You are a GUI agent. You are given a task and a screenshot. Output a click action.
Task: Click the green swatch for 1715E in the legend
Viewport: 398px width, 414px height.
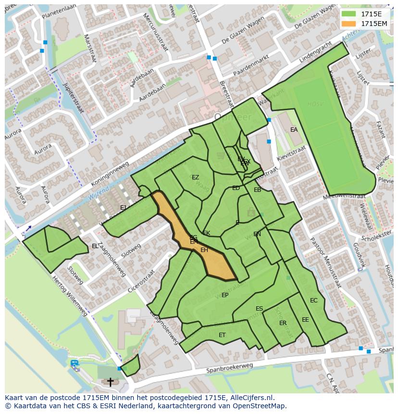pyautogui.click(x=349, y=14)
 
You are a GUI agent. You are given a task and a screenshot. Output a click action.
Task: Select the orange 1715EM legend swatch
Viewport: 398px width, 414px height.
pyautogui.click(x=349, y=23)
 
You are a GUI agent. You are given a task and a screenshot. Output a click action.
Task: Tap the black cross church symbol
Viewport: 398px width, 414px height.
pyautogui.click(x=111, y=382)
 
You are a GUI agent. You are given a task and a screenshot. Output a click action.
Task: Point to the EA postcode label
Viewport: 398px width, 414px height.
pyautogui.click(x=294, y=130)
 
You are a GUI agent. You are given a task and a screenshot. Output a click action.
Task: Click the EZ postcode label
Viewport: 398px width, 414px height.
pyautogui.click(x=195, y=177)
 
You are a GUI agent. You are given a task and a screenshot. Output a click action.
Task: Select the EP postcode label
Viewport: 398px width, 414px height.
pyautogui.click(x=224, y=295)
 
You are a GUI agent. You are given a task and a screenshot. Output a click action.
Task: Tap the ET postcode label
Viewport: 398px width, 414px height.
pyautogui.click(x=222, y=335)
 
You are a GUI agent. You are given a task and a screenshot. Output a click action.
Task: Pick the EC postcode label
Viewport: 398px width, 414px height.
pyautogui.click(x=313, y=301)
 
